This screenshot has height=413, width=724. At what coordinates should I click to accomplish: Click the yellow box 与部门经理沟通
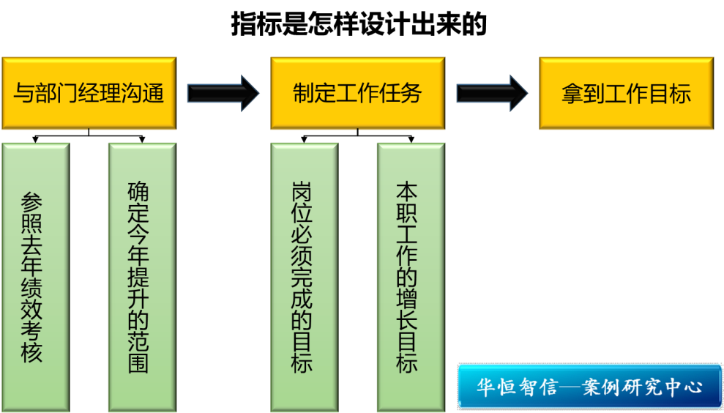pos(89,93)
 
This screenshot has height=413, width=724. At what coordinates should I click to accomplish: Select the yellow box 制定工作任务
pos(357,93)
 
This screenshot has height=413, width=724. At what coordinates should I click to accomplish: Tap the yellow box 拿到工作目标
pos(626,93)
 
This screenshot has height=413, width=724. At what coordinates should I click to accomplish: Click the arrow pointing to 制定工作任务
pos(223,93)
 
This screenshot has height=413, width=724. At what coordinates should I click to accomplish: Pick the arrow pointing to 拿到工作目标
pos(492,93)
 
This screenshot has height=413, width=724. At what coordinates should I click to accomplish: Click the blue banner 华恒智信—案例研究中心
pos(589,386)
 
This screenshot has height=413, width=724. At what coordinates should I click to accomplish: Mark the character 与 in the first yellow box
pos(24,94)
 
